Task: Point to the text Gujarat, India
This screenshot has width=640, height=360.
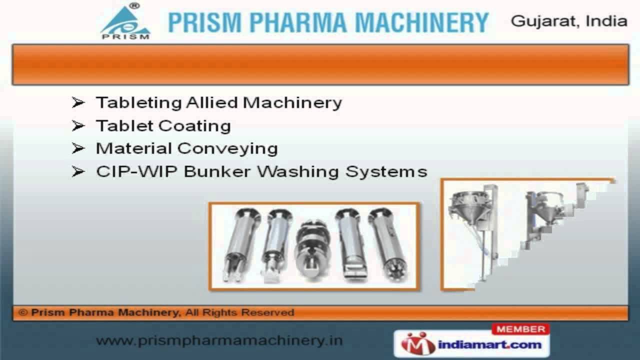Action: pos(569,21)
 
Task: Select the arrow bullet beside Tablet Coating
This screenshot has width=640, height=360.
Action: pos(78,125)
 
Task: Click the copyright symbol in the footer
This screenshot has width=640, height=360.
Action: pos(23,313)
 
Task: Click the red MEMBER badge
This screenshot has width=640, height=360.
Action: pos(520,329)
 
